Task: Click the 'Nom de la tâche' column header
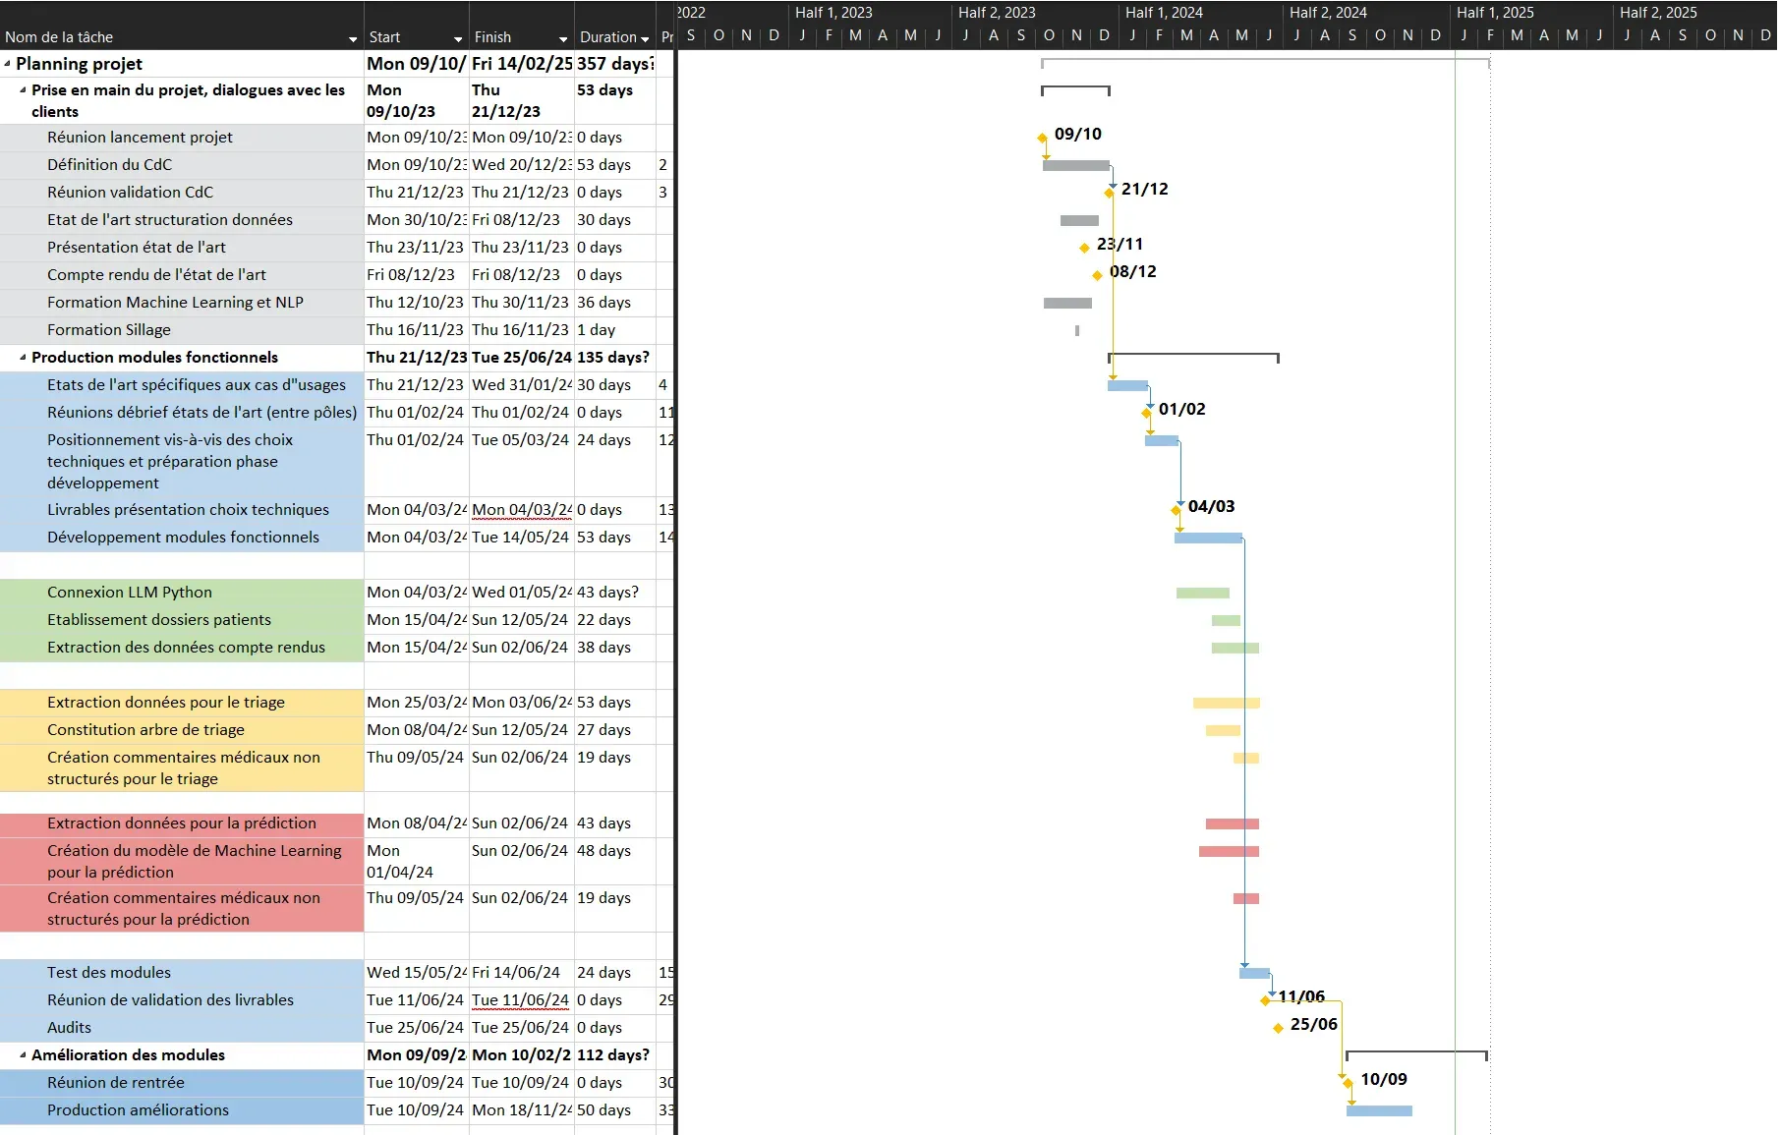click(59, 37)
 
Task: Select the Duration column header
click(607, 37)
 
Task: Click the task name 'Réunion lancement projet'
click(140, 138)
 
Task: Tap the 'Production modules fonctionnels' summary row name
click(154, 358)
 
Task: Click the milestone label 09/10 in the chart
click(1077, 134)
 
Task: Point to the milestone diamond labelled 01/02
click(1147, 413)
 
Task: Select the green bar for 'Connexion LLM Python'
click(1202, 593)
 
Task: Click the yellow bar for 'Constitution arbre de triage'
click(1223, 730)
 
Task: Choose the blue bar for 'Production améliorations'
click(1379, 1110)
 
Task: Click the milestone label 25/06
click(1313, 1024)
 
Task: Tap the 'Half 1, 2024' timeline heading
click(1164, 13)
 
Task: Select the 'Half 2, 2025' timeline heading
click(1658, 13)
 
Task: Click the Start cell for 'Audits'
click(415, 1028)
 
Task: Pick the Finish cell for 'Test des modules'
click(516, 973)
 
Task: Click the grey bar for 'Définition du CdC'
click(1075, 165)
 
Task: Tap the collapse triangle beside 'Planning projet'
click(8, 64)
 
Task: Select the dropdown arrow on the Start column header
click(458, 39)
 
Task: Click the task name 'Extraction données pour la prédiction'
click(182, 823)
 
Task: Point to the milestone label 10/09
click(1383, 1079)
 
